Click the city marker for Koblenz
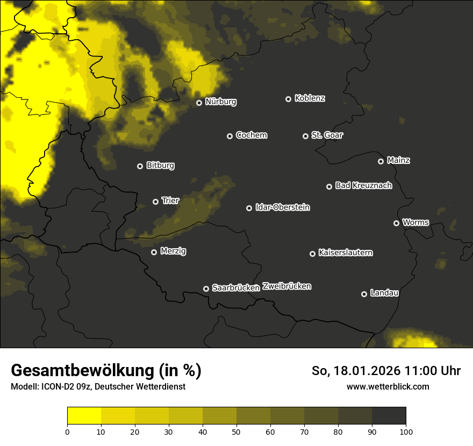click(288, 99)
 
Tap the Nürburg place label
click(221, 102)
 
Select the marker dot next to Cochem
click(230, 136)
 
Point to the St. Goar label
click(327, 135)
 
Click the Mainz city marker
click(381, 161)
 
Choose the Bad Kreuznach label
click(363, 185)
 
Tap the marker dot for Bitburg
click(140, 166)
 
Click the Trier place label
click(170, 200)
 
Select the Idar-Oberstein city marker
click(249, 208)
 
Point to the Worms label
click(415, 222)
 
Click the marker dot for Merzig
click(154, 252)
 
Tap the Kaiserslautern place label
click(345, 253)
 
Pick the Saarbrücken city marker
click(206, 289)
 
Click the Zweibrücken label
click(286, 286)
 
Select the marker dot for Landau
click(364, 294)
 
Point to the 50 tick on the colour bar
click(236, 431)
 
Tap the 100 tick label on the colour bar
click(406, 431)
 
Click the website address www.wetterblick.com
click(388, 386)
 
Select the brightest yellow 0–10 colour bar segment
click(84, 416)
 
